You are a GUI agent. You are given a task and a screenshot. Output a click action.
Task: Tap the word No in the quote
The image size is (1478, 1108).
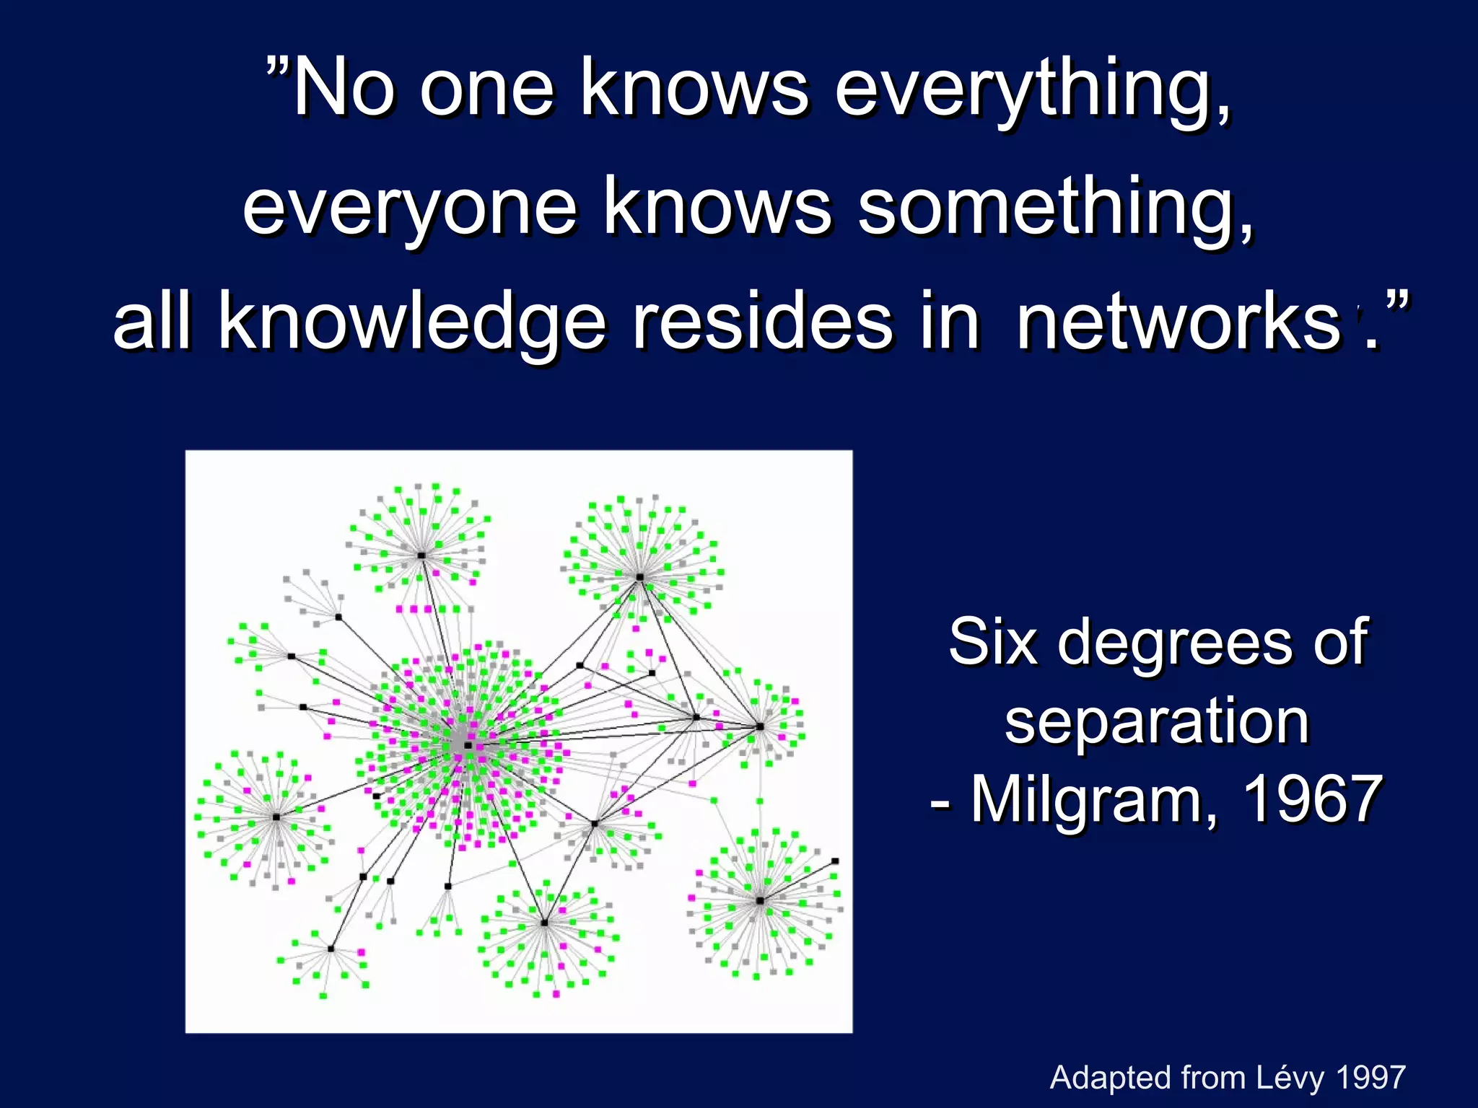[x=345, y=88]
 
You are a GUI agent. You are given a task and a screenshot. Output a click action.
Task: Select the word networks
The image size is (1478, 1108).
[x=1178, y=322]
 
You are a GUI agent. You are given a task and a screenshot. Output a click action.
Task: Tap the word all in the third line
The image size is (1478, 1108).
[x=152, y=322]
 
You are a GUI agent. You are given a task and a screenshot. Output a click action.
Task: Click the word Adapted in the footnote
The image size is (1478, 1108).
[x=1111, y=1078]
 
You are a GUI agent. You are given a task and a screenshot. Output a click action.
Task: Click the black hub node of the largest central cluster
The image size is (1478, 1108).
[x=468, y=745]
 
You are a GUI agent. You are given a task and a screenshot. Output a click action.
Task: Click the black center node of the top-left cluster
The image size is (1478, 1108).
[x=421, y=555]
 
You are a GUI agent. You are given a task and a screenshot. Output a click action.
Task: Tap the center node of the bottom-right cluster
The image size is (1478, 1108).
[x=760, y=900]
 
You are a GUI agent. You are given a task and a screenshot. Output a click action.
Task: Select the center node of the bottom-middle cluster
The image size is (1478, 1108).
[x=544, y=923]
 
